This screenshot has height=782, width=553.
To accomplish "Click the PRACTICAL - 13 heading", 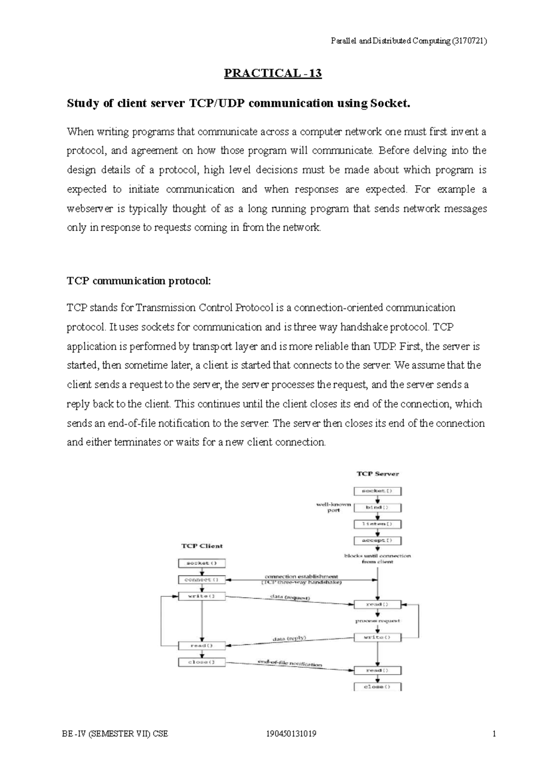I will click(273, 73).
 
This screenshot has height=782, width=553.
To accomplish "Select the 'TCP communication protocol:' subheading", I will click(139, 281).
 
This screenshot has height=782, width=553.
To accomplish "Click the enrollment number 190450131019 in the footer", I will click(288, 734).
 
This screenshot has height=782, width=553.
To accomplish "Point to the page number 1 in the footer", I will click(494, 734).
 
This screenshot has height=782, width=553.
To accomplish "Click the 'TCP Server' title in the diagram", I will click(378, 473).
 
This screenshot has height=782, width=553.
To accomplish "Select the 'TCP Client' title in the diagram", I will click(202, 546).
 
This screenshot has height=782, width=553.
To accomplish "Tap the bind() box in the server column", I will click(377, 508).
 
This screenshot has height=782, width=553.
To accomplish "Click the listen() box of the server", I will click(377, 524).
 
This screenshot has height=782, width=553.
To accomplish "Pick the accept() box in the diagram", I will click(377, 540).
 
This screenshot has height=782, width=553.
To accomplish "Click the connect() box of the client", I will click(202, 579).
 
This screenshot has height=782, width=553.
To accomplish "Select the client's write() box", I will click(202, 596).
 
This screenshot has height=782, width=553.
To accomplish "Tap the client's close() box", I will click(202, 662).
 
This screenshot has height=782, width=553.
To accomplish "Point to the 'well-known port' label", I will click(334, 507).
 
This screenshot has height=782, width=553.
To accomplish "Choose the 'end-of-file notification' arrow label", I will click(289, 664).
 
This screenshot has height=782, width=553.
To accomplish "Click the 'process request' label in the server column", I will click(378, 621).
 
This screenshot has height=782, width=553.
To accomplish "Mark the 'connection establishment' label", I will click(301, 576).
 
